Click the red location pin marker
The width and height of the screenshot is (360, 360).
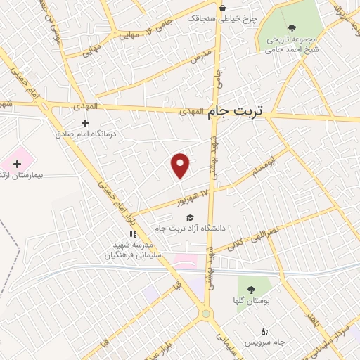click(x=181, y=165)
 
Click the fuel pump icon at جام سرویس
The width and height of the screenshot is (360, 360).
click(x=264, y=331)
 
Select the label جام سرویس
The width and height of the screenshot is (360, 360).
click(x=264, y=342)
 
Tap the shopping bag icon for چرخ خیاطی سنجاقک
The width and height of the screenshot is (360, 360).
click(x=223, y=8)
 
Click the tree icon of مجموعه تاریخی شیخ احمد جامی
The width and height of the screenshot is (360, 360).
click(x=292, y=28)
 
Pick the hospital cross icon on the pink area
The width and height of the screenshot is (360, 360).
click(x=17, y=164)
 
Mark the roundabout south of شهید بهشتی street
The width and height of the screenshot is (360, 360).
click(x=207, y=314)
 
